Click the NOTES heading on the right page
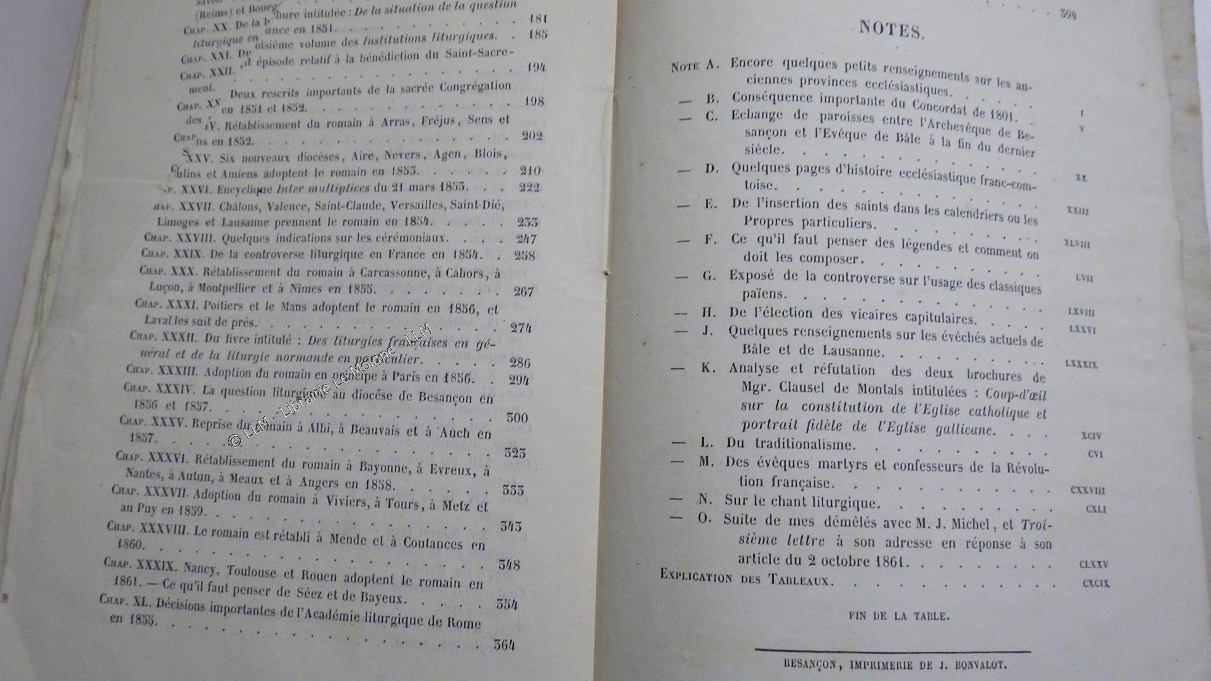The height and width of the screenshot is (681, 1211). [x=891, y=30]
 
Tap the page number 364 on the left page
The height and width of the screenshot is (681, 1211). [x=505, y=644]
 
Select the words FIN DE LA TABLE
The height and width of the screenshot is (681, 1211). [x=899, y=616]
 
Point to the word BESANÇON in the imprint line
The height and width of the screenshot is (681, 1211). [x=810, y=664]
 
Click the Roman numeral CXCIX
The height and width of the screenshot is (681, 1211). [x=1096, y=583]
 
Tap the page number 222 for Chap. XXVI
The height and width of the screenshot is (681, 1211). [x=529, y=187]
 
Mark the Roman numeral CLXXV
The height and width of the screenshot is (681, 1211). [x=1094, y=564]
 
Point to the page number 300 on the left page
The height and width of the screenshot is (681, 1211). [x=517, y=417]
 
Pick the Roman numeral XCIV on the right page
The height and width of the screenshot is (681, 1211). [x=1091, y=436]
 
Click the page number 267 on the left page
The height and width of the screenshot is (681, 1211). [x=524, y=291]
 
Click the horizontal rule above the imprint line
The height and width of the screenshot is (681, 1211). [x=892, y=650]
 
